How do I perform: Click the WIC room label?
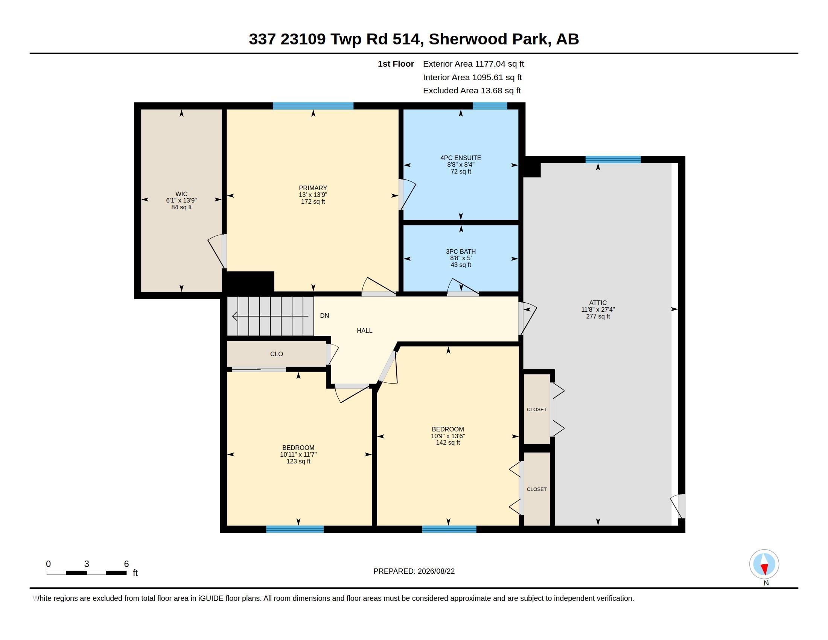coord(181,194)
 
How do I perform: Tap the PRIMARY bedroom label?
coord(313,188)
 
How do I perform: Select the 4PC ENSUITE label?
coord(461,158)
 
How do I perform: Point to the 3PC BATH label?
coord(461,251)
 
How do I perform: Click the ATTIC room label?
coord(598,303)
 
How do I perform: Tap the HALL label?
coord(364,331)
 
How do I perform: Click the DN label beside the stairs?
coord(324,315)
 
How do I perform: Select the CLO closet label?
coord(276,354)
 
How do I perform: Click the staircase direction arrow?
coord(270,316)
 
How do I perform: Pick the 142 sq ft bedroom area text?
coord(448,442)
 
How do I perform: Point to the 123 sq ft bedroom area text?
coord(298,462)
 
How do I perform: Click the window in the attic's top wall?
coord(613,160)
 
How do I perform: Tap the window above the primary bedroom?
coord(313,106)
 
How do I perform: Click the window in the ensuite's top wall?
coord(490,106)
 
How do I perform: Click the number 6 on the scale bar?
coord(126,564)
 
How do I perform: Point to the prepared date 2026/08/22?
coord(436,571)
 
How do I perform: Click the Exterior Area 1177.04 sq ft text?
coord(473,64)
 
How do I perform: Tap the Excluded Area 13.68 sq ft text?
coord(472,91)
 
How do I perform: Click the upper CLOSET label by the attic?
coord(536,410)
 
